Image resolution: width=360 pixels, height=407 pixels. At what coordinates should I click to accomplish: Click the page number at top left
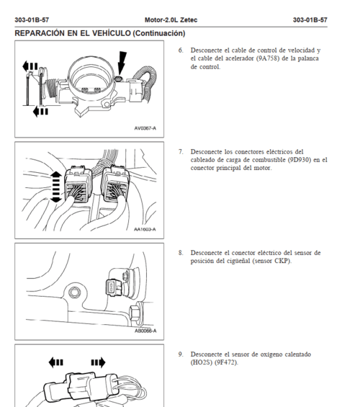click(x=32, y=20)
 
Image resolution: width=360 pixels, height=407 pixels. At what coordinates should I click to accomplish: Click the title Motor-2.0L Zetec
click(x=171, y=20)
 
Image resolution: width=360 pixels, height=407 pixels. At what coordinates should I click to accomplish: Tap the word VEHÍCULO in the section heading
click(x=112, y=33)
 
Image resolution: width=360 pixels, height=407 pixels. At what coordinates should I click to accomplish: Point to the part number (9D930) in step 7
click(x=300, y=160)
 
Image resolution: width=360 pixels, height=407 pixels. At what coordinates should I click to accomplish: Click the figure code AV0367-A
click(x=145, y=128)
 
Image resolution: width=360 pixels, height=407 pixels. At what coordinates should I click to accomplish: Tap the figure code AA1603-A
click(x=145, y=229)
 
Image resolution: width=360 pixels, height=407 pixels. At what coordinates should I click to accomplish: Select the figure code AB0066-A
click(x=145, y=331)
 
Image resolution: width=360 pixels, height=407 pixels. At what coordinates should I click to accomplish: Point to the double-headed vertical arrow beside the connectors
click(x=55, y=187)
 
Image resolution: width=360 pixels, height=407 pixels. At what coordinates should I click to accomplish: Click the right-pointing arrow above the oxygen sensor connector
click(x=99, y=362)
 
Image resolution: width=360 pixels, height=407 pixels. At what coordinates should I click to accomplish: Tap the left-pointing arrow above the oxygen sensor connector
click(x=55, y=362)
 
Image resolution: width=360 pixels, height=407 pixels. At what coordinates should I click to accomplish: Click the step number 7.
click(x=181, y=151)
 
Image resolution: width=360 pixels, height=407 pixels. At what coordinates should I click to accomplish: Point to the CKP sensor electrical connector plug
click(x=114, y=287)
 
